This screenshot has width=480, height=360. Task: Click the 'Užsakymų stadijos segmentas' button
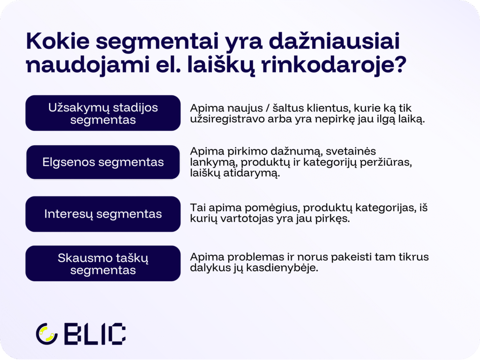[x=103, y=113]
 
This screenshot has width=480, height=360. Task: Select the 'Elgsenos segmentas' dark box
[x=103, y=162]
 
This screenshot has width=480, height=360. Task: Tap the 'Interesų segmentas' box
[x=103, y=214]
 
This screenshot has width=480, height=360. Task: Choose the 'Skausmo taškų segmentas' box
[x=103, y=263]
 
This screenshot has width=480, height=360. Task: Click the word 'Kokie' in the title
[x=58, y=41]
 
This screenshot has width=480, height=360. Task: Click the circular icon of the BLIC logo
[x=46, y=334]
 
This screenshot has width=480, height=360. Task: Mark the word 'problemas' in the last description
[x=255, y=257]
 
